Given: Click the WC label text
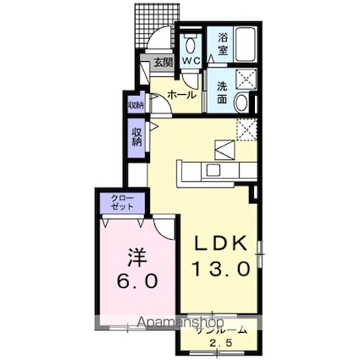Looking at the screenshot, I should [191, 61].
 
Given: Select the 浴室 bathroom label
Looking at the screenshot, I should [221, 44].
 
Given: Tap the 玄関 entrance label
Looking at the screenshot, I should [163, 62].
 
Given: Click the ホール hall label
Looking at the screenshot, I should [183, 96].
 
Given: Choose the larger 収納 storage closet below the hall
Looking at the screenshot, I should [136, 136].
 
